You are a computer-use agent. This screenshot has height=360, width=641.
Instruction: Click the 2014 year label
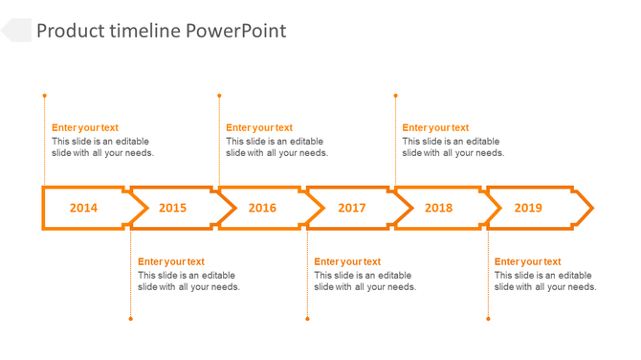pos(83,208)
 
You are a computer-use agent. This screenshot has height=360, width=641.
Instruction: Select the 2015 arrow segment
pos(172,208)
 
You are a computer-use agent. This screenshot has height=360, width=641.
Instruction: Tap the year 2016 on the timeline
pos(262,208)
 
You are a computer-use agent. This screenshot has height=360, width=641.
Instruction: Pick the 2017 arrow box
pos(351,208)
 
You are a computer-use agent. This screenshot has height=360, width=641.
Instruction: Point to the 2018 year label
pos(438,208)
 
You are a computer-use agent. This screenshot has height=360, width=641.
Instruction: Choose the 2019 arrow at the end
pos(528,208)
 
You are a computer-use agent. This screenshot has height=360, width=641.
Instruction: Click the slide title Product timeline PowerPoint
pos(161,31)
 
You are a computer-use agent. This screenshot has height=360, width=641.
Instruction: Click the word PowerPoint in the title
pos(235,31)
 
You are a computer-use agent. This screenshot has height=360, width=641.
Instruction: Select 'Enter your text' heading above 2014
pos(85,127)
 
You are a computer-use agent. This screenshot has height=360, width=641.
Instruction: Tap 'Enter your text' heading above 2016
pos(259,127)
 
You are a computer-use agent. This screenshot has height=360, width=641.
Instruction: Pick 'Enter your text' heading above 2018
pos(435,127)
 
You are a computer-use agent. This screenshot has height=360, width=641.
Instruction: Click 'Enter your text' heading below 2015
pos(171,261)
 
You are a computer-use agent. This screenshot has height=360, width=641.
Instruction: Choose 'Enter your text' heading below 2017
pos(347,261)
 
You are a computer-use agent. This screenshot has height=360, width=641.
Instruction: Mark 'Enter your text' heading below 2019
pos(528,261)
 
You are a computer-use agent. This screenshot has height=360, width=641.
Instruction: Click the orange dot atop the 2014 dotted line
pos(44,96)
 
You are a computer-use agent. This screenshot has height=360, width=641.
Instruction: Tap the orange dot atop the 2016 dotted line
pos(219,96)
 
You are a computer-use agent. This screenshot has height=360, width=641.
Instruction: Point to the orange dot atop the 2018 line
pos(395,96)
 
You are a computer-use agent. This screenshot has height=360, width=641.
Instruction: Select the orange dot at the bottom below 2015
pos(131,319)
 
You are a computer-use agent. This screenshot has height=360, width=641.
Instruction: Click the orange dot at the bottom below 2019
pos(488,319)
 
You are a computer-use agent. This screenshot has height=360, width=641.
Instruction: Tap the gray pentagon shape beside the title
pos(16,31)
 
